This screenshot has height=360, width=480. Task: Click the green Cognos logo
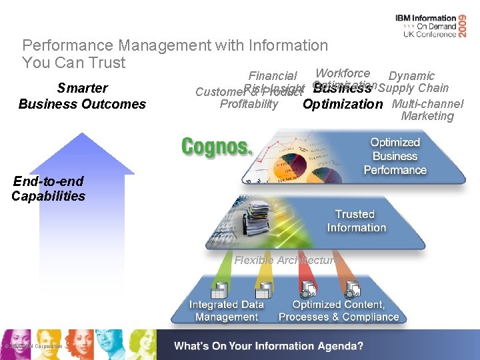click(x=217, y=146)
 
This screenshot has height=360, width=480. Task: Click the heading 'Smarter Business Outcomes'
click(x=82, y=96)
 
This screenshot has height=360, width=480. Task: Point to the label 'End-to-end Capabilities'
click(x=48, y=189)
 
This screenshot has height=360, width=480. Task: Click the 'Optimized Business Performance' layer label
click(x=395, y=157)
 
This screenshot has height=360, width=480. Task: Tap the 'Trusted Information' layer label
click(x=356, y=221)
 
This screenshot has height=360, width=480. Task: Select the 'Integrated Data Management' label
click(x=226, y=311)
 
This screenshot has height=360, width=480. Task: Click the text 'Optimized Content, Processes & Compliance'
click(x=339, y=311)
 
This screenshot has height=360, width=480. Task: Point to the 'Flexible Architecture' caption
click(x=285, y=260)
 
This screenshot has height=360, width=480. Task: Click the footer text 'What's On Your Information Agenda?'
click(x=269, y=346)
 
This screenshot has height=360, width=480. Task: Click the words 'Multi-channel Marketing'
click(x=427, y=110)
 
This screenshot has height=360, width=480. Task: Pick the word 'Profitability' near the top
click(x=249, y=104)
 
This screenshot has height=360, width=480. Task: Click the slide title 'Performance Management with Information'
click(x=175, y=45)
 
